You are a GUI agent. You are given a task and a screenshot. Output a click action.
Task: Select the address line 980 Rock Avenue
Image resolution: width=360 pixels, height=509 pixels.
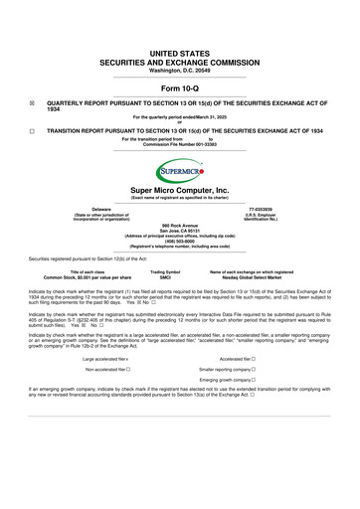point(180,226)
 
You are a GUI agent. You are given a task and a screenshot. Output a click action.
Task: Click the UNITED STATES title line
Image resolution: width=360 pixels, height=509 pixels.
point(180,34)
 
